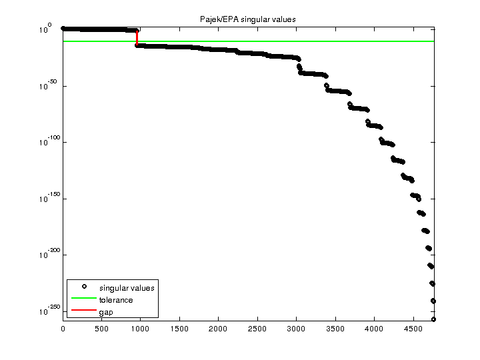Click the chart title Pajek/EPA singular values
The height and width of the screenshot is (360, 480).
click(x=248, y=19)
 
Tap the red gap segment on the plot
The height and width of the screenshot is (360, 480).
click(x=137, y=38)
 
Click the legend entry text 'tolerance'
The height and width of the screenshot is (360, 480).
click(x=116, y=300)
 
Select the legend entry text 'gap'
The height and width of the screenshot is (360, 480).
click(x=106, y=312)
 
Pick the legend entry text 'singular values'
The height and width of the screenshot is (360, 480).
click(x=127, y=288)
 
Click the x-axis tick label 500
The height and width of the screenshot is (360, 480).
click(x=101, y=329)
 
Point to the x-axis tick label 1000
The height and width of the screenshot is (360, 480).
click(x=141, y=329)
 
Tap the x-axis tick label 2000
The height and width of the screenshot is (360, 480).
click(x=219, y=329)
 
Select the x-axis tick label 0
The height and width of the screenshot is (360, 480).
click(x=63, y=329)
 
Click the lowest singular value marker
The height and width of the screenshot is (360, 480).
click(x=433, y=319)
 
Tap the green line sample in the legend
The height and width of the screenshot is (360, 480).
click(x=84, y=300)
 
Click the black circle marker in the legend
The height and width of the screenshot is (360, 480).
click(x=84, y=287)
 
